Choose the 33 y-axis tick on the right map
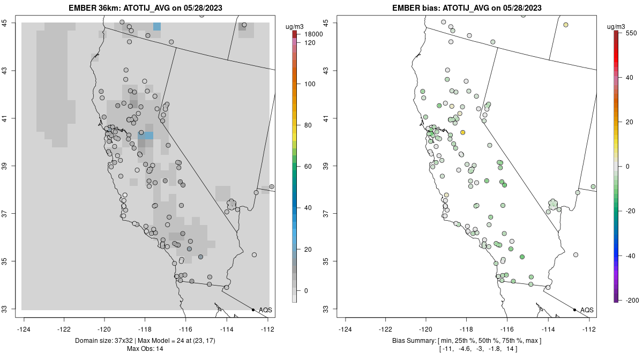[x=328, y=309]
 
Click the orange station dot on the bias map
[x=462, y=132]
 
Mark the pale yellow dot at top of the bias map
[x=566, y=25]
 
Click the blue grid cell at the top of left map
[x=156, y=26]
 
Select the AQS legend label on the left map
[x=265, y=310]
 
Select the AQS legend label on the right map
[x=587, y=310]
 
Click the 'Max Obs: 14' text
[x=145, y=349]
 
